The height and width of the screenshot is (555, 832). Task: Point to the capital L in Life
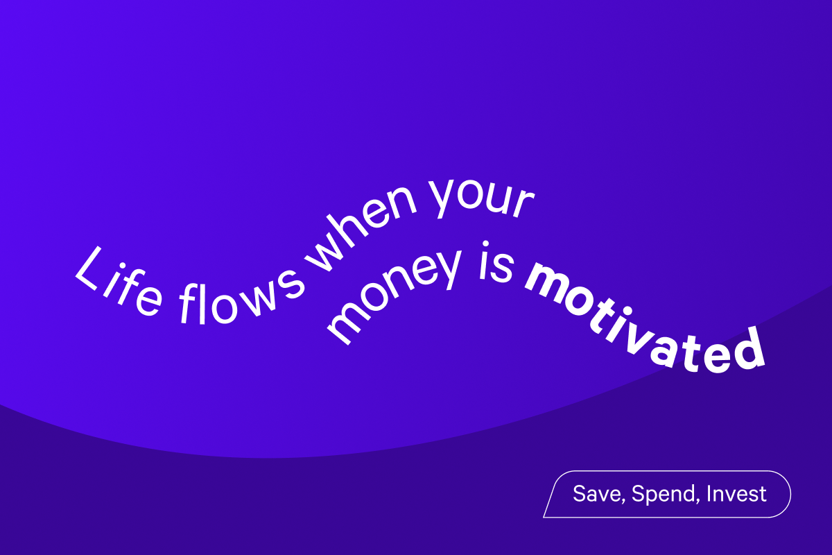89,271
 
